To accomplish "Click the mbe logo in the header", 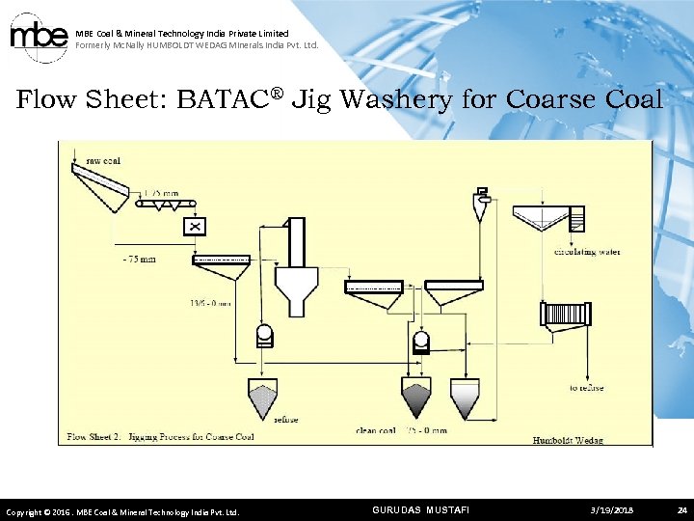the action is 39,36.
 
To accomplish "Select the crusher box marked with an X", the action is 196,226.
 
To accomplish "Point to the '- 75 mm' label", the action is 139,259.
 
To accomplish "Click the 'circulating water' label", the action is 586,252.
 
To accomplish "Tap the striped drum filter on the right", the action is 567,314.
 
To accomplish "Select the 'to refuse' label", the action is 586,388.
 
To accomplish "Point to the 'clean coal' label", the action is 376,430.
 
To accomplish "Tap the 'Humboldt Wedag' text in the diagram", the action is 568,441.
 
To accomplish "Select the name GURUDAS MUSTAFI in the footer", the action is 420,509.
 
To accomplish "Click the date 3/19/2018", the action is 612,509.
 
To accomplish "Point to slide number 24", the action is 681,509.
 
